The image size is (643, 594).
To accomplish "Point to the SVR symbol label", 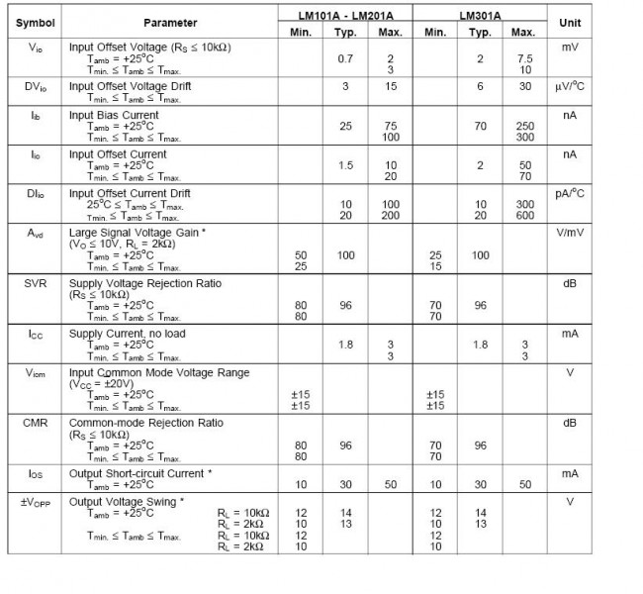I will click(36, 283).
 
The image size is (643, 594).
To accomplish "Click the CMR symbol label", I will click(36, 423).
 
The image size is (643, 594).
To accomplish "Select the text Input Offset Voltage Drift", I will click(131, 86).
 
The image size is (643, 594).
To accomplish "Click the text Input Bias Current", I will click(114, 115).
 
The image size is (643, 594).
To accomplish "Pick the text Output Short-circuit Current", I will click(137, 473).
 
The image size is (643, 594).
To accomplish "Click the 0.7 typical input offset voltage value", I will click(345, 58).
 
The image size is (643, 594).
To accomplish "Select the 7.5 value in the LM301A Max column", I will click(524, 58).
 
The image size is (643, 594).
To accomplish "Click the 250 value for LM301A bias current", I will click(524, 126).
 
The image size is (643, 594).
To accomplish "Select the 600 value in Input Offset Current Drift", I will click(524, 216).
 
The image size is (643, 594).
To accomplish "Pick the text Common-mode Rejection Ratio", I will click(145, 423).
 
